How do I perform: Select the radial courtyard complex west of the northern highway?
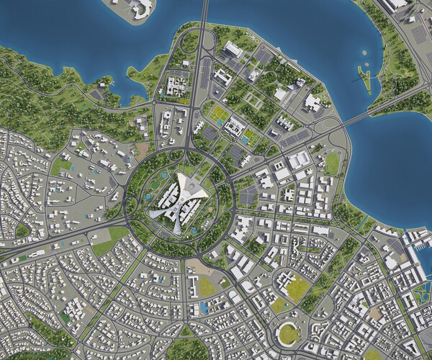[x=174, y=87]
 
